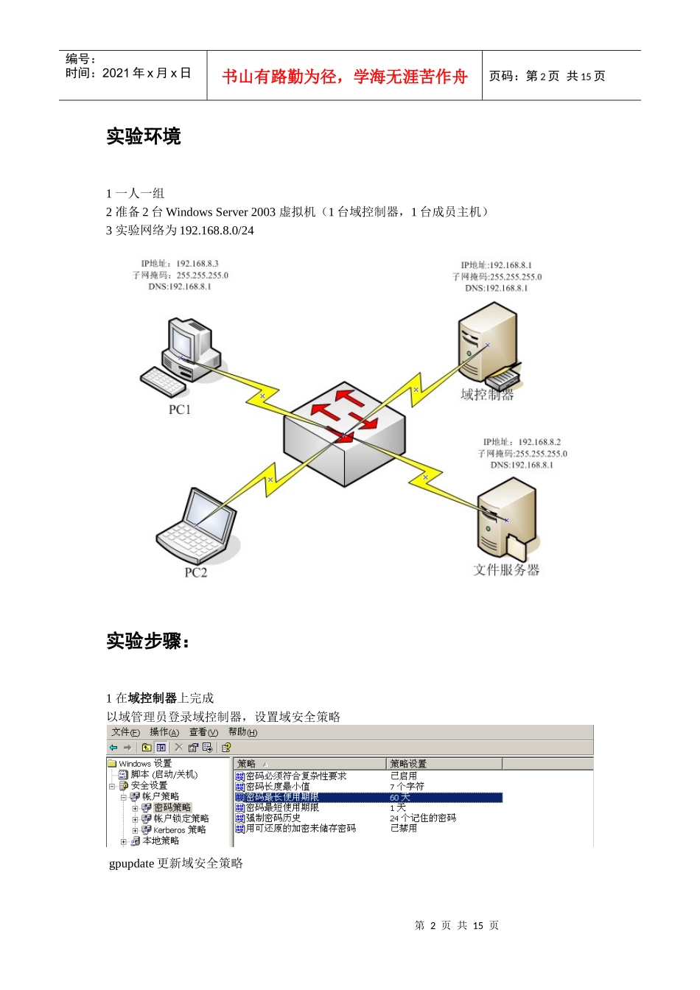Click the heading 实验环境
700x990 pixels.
[x=143, y=136]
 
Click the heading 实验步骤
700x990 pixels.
[x=147, y=641]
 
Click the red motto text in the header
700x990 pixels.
[x=344, y=77]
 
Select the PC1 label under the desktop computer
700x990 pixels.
[x=180, y=410]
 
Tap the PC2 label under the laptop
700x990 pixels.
[x=195, y=572]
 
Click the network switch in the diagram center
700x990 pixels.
[x=343, y=435]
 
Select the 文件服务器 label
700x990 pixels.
[x=506, y=569]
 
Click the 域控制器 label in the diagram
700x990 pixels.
[x=487, y=395]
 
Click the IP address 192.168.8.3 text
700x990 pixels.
[x=197, y=264]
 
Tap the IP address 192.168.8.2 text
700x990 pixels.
[x=539, y=442]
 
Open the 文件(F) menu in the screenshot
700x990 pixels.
[x=125, y=732]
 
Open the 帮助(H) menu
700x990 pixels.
[x=242, y=732]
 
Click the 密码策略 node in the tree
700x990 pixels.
[x=172, y=807]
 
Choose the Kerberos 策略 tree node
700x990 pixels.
[x=179, y=830]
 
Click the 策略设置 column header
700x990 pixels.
[x=408, y=764]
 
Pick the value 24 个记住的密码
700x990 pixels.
[x=423, y=818]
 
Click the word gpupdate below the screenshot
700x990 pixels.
[x=131, y=863]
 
